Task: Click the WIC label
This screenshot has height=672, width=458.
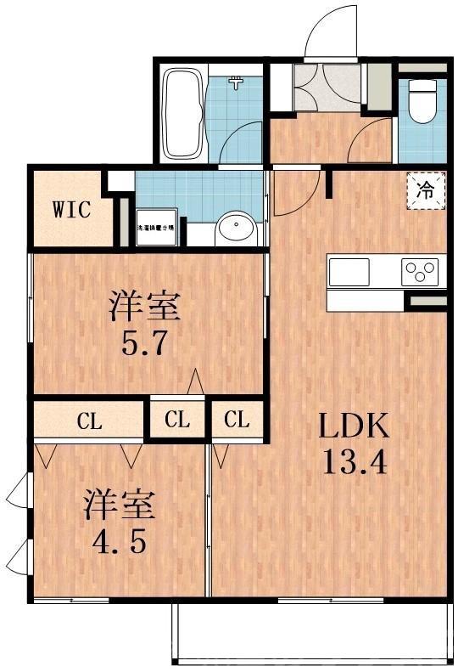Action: [x=71, y=209]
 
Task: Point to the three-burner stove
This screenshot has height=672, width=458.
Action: [x=421, y=271]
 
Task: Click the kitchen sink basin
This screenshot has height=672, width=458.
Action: [x=350, y=272]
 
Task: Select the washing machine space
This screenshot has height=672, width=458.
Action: [x=156, y=227]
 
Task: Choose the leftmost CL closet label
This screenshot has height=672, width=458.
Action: [x=90, y=420]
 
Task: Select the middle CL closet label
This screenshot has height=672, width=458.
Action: [x=177, y=420]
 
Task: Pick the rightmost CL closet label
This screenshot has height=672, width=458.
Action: [x=237, y=420]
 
